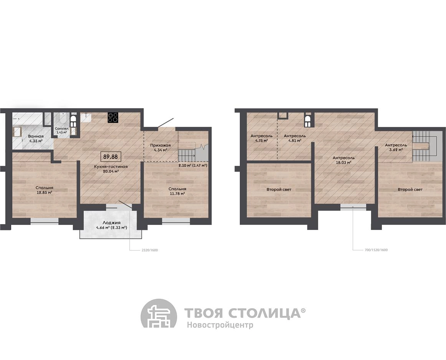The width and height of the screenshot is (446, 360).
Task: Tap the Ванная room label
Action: coord(36,137)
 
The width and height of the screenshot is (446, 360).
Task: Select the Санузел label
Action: coord(61,128)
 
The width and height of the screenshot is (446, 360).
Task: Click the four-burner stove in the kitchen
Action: coord(113,118)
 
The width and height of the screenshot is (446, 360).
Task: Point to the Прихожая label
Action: coord(160,145)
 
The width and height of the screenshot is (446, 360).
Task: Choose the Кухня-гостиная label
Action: coord(111,167)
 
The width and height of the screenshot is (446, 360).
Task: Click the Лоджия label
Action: coord(111,223)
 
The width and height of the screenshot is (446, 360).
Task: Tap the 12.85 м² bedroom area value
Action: coord(45,193)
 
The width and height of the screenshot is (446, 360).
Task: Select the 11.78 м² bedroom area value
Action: coord(177,194)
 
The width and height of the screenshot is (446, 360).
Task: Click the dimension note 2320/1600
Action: coord(150,251)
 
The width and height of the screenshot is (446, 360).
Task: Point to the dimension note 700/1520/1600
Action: coord(376,250)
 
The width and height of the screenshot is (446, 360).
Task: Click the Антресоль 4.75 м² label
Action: coord(261,138)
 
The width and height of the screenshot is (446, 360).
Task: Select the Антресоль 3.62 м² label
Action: coord(396,147)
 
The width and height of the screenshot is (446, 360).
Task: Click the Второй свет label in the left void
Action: coord(279,189)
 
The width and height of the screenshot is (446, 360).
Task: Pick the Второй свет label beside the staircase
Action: coord(410,189)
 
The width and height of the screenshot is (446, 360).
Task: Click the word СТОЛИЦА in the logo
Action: coord(265,313)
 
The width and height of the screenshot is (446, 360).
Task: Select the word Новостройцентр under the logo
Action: coord(220,325)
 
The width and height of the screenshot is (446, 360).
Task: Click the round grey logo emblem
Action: coord(159,316)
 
